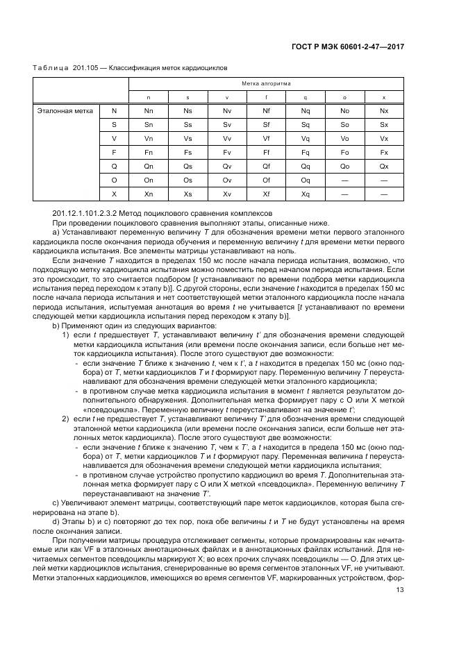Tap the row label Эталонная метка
click(62, 110)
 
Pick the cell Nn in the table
click(149, 110)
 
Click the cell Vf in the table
click(267, 138)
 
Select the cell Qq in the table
click(306, 167)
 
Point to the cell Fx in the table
click(384, 152)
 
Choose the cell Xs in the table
click(187, 194)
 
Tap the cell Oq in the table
click(306, 180)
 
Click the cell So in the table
click(344, 124)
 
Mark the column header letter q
click(306, 97)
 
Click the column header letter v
click(227, 97)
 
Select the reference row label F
click(115, 152)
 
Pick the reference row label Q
click(115, 167)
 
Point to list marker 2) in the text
click(66, 420)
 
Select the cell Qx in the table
click(384, 167)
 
